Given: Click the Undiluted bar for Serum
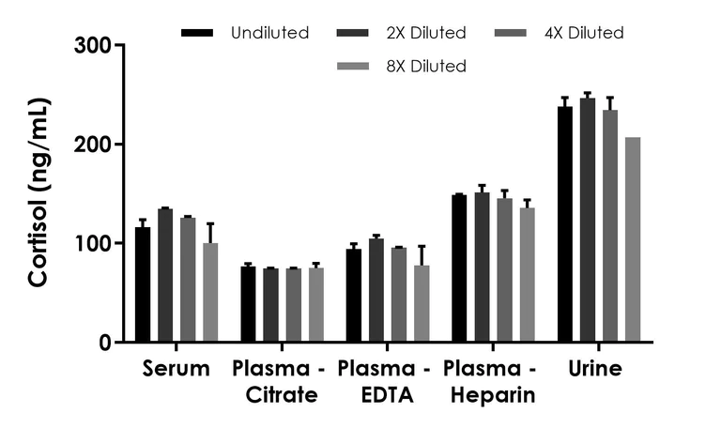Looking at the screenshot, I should (x=143, y=285).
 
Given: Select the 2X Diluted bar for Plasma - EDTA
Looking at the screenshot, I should (x=376, y=291).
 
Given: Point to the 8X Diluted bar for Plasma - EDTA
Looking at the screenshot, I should (x=422, y=304).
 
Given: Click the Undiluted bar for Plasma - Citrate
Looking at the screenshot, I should (x=248, y=305).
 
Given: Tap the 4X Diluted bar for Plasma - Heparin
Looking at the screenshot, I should (x=504, y=271).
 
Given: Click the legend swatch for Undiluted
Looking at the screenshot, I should (x=198, y=33).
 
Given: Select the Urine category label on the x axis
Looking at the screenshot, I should (x=595, y=369).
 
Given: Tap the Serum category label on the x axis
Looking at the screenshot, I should (x=176, y=369).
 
